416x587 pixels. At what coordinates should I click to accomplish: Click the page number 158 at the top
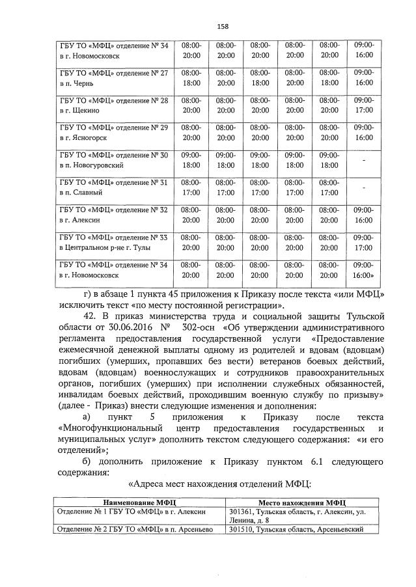click(222, 26)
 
